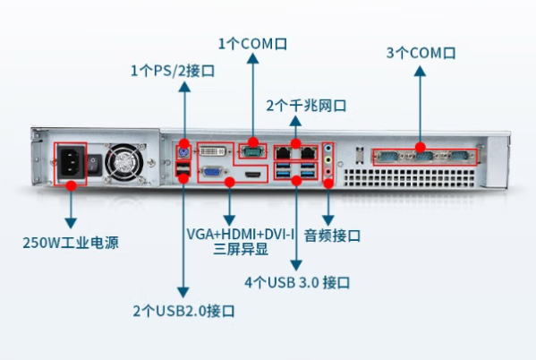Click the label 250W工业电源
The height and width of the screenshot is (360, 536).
[71, 242]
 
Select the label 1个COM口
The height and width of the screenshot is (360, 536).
[253, 42]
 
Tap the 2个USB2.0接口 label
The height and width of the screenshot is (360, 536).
[183, 311]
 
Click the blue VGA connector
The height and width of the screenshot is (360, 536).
[211, 173]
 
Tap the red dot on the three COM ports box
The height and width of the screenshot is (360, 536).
[420, 146]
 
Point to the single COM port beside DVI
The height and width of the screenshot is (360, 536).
[253, 150]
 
